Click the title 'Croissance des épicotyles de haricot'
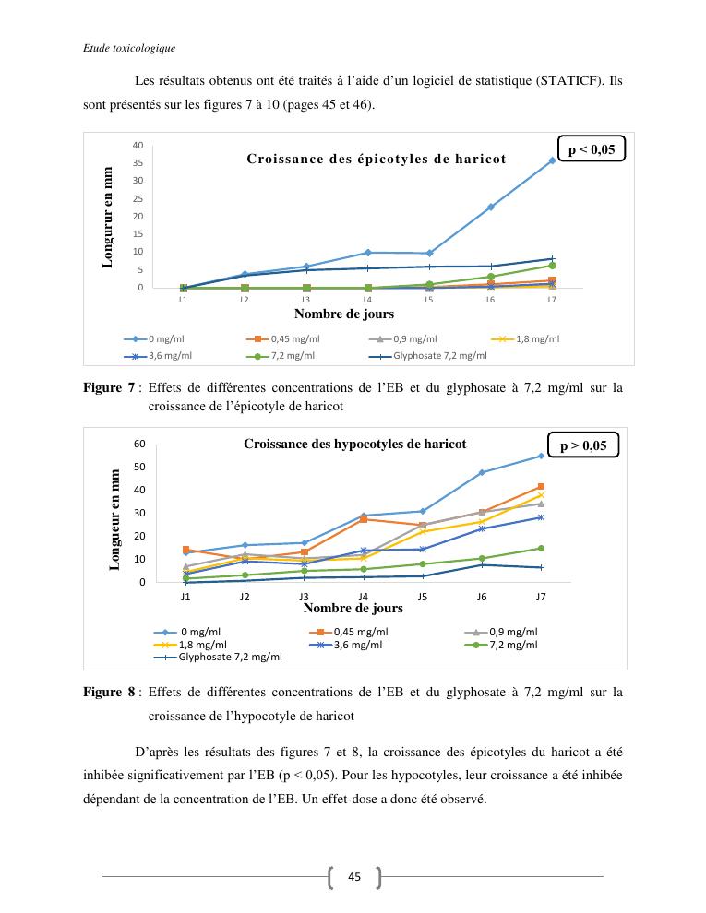[377, 159]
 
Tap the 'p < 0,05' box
[591, 148]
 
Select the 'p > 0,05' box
[582, 445]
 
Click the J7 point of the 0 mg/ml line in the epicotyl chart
[552, 160]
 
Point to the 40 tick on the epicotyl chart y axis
[138, 146]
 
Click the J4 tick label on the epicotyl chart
[366, 300]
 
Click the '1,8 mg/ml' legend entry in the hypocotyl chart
[195, 645]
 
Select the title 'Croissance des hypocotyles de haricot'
[355, 444]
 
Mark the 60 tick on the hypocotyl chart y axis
[140, 444]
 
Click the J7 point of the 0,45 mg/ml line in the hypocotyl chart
[541, 486]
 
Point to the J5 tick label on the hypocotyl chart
[423, 597]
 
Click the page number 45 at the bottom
[354, 876]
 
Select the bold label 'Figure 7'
[109, 388]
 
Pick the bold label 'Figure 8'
[109, 691]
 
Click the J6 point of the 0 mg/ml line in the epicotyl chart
[490, 207]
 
